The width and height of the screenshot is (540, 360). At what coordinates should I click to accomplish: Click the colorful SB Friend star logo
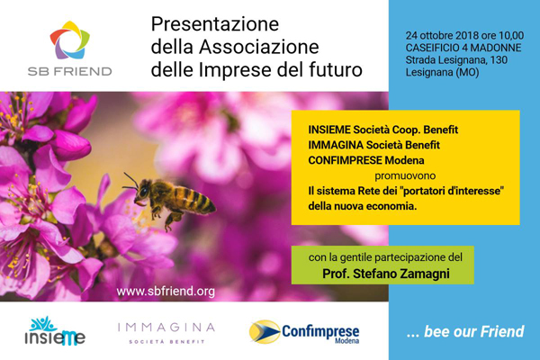(x=70, y=40)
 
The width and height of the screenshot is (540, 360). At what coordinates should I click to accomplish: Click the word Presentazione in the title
(x=215, y=24)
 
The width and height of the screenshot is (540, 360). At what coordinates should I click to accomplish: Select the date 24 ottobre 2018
(x=444, y=35)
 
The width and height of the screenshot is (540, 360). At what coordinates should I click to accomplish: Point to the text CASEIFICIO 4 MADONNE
(x=463, y=48)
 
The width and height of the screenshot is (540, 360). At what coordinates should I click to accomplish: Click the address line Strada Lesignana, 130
(x=456, y=60)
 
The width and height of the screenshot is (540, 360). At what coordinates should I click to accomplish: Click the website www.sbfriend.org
(x=166, y=292)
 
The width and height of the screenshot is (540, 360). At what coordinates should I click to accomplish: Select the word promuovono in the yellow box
(x=405, y=175)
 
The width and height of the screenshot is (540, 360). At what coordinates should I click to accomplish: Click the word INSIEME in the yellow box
(x=329, y=130)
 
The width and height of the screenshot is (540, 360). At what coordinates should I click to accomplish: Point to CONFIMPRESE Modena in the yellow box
(x=366, y=160)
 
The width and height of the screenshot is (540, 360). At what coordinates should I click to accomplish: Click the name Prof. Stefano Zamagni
(x=386, y=274)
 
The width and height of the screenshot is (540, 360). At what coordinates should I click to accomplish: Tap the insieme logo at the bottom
(x=55, y=331)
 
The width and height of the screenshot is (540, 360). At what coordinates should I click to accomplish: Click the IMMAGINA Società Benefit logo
(x=166, y=333)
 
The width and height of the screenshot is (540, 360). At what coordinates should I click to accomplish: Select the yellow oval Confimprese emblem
(x=265, y=332)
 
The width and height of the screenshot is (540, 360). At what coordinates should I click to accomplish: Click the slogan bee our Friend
(x=474, y=331)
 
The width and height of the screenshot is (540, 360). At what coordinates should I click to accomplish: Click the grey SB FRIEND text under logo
(x=70, y=71)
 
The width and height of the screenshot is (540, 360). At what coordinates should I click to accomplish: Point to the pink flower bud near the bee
(x=71, y=145)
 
